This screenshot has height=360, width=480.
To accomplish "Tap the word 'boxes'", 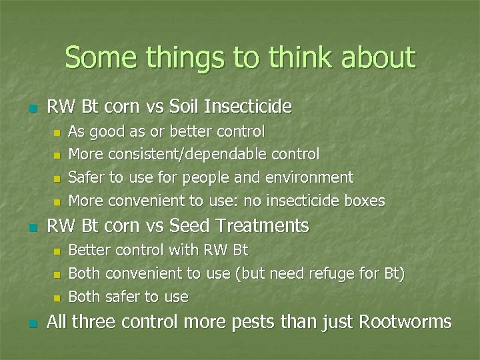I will point(364,200).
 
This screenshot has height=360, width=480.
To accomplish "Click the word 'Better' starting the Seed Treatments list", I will point(89,251).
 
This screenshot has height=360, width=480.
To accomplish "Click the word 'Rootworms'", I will point(405,322).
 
